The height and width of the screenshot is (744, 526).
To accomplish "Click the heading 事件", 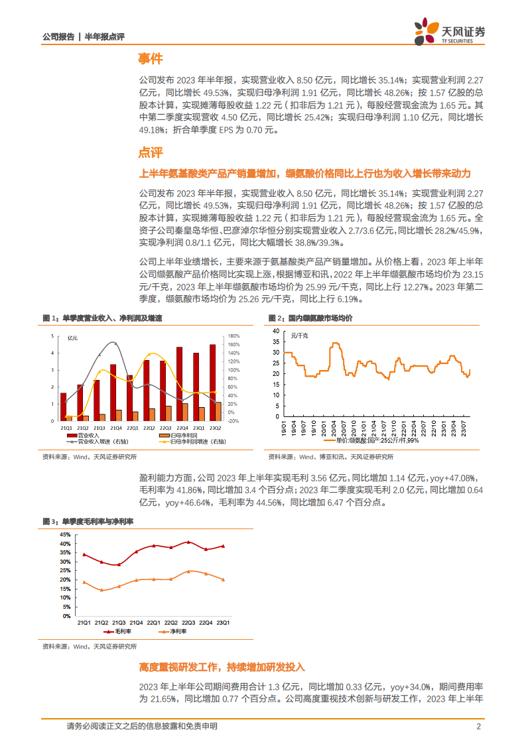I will point(150,59).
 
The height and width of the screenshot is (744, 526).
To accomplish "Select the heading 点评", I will point(150,153).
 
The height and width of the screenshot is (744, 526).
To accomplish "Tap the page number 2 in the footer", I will point(479,726).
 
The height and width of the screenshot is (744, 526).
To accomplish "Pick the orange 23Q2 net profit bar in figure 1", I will point(218,411).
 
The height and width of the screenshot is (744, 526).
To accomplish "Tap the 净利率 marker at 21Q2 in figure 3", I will point(101,590).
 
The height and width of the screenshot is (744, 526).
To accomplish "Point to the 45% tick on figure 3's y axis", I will point(64,534).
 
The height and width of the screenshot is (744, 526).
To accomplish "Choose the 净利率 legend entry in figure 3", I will point(174,631).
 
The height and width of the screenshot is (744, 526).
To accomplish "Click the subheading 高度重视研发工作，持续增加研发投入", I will point(222,666).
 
